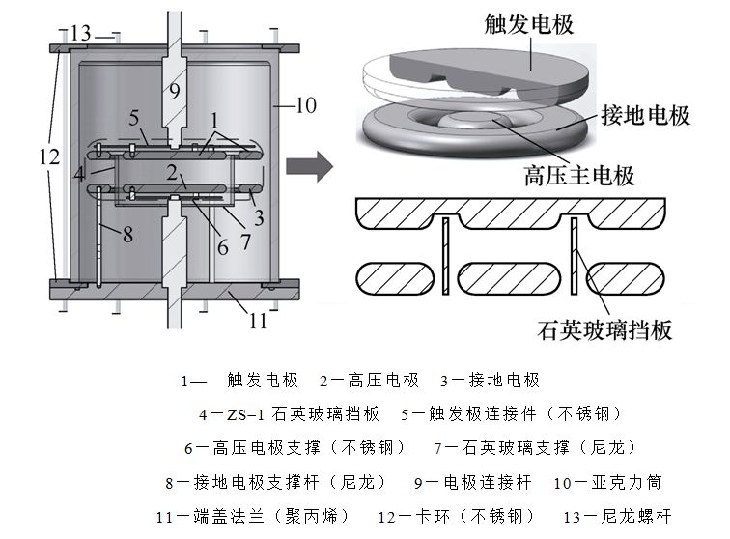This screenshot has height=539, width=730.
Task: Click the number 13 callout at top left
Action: [80, 35]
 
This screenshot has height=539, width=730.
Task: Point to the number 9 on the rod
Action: [174, 92]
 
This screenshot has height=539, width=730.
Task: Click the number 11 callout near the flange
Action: [258, 320]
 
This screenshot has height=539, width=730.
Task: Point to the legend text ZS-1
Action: [244, 413]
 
